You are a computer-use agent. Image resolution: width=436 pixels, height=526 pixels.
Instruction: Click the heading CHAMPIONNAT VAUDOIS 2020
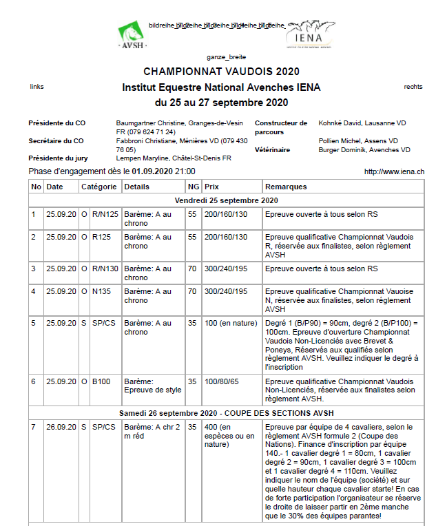tap(221, 72)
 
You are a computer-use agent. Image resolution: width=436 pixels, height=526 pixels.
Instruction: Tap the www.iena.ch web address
tap(394, 171)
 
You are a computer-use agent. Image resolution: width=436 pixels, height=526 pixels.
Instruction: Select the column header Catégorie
tap(99, 187)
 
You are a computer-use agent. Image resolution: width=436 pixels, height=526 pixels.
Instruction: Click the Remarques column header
tap(286, 187)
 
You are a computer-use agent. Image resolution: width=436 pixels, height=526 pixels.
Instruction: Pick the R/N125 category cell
tap(105, 214)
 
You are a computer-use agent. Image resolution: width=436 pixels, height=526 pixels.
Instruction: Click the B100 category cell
tap(101, 381)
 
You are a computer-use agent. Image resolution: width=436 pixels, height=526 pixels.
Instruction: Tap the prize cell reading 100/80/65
tap(220, 381)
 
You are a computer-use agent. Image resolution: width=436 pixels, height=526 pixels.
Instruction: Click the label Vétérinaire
tap(272, 149)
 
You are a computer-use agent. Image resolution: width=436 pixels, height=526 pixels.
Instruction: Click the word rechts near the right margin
tap(413, 87)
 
